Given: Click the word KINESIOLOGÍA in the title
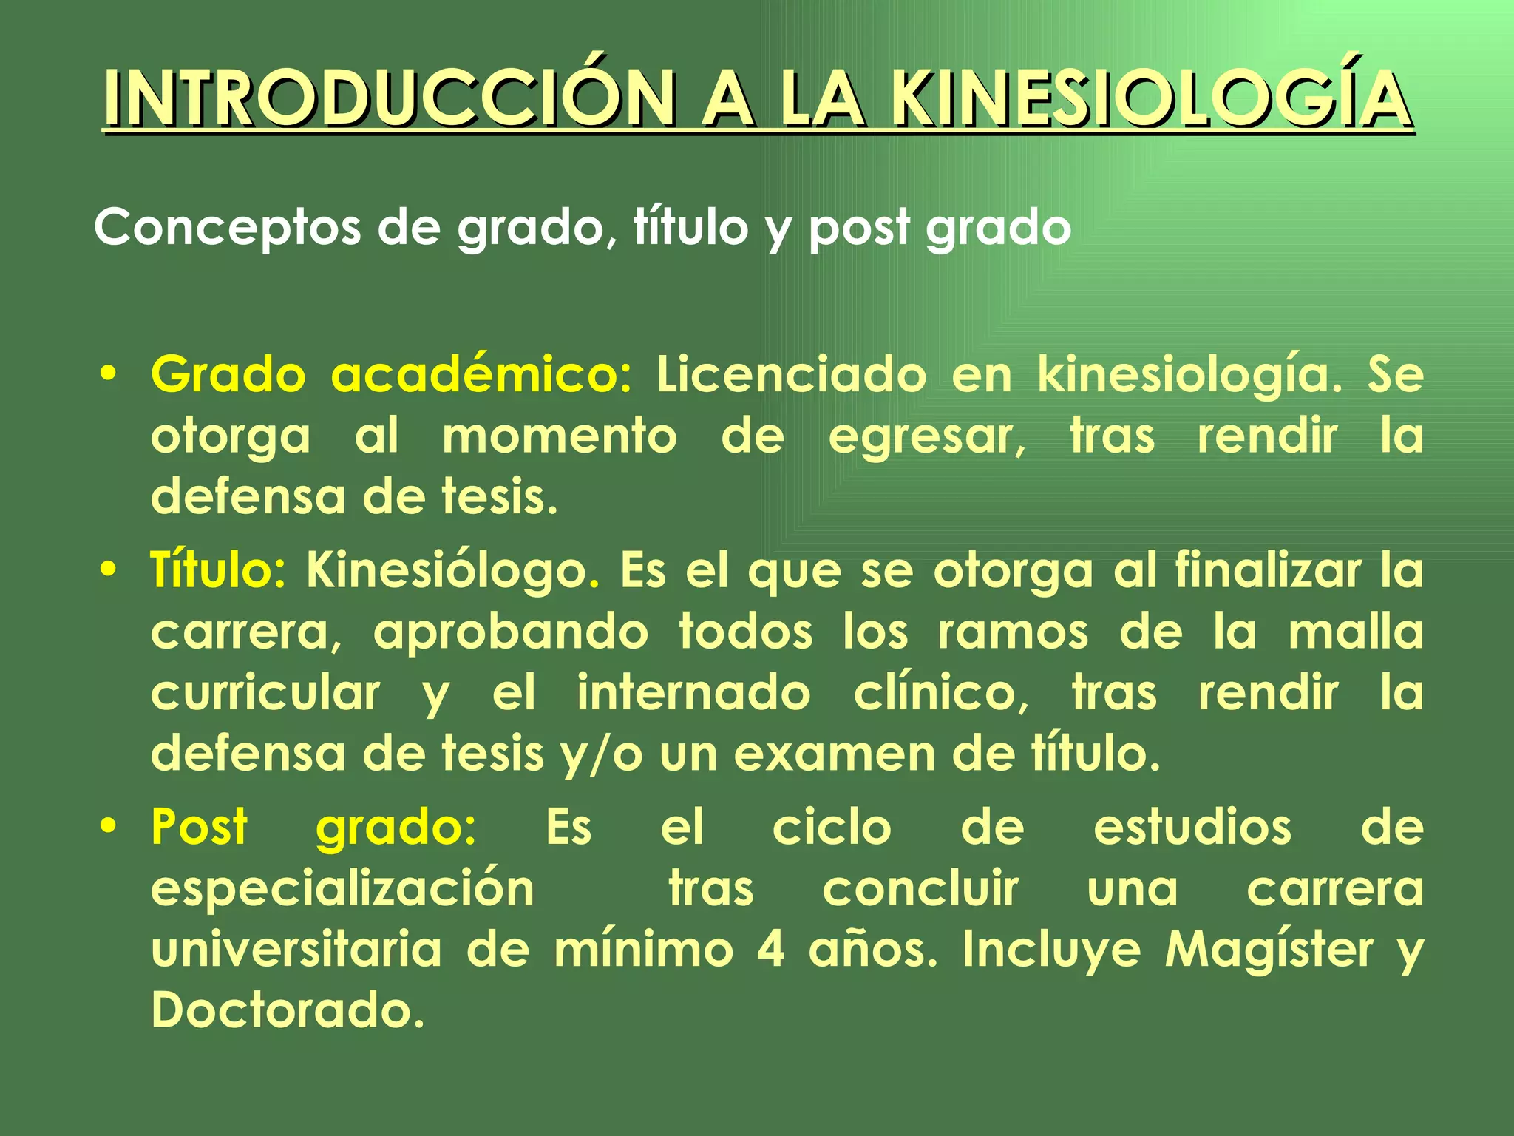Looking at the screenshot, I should [1150, 98].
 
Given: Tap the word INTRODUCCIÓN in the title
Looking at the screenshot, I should [389, 98].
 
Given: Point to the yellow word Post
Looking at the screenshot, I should [199, 827].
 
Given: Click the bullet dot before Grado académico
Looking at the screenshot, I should [109, 374].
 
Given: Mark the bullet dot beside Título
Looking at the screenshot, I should [109, 570].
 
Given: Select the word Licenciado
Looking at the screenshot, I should [791, 374].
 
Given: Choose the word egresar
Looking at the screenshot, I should [927, 436].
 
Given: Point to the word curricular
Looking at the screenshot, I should [265, 693].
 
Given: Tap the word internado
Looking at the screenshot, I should [693, 693].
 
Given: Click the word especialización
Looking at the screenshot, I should [342, 889].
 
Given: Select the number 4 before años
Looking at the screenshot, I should [770, 950].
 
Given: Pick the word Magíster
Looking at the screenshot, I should [1269, 950].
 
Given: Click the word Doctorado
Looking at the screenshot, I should [288, 1010].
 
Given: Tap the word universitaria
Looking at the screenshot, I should [296, 950].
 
